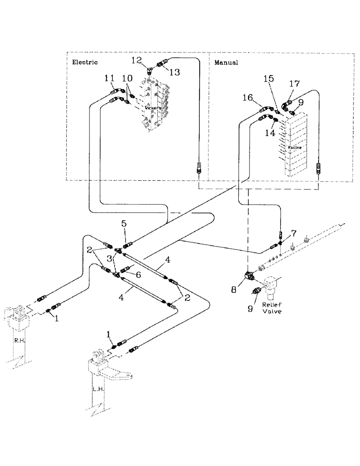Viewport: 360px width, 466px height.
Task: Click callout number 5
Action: pos(124,224)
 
